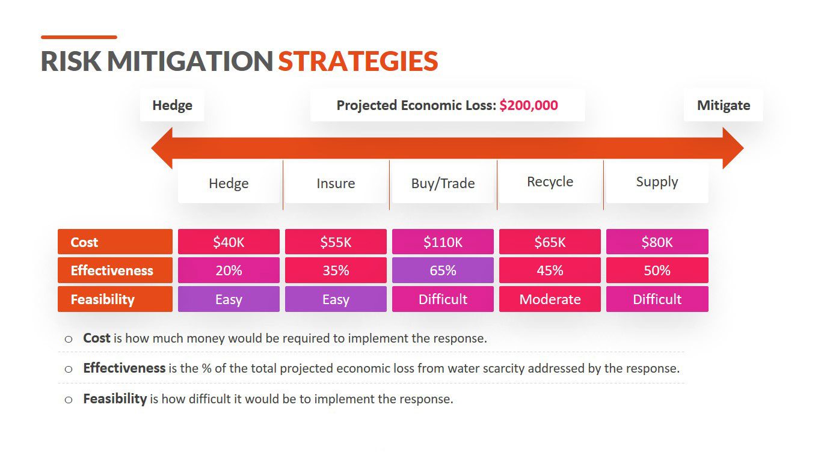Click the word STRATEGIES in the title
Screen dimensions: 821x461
tap(358, 61)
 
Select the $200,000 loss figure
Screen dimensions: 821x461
tap(529, 105)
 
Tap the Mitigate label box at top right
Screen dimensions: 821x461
tap(724, 105)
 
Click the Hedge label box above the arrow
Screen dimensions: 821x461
tap(172, 105)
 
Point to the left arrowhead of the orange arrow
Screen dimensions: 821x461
tap(162, 148)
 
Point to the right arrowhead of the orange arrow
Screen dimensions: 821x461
tap(733, 148)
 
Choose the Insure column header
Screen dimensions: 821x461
tap(336, 183)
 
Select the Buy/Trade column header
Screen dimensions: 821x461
tap(443, 183)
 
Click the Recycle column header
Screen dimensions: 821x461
tap(550, 182)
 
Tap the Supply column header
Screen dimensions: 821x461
tap(657, 182)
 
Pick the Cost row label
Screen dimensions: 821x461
tap(115, 242)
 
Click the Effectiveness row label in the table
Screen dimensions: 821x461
tap(115, 270)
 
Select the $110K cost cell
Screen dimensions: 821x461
tap(443, 242)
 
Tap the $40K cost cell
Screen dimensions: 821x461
tap(229, 242)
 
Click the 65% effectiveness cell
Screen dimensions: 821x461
tap(443, 270)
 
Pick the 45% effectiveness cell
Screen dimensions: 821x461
tap(550, 270)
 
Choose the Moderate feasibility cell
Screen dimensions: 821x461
tap(550, 299)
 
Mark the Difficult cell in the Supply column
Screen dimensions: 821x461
tap(657, 299)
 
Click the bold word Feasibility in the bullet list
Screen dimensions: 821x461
tap(115, 398)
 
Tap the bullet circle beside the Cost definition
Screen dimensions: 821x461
tap(69, 339)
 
